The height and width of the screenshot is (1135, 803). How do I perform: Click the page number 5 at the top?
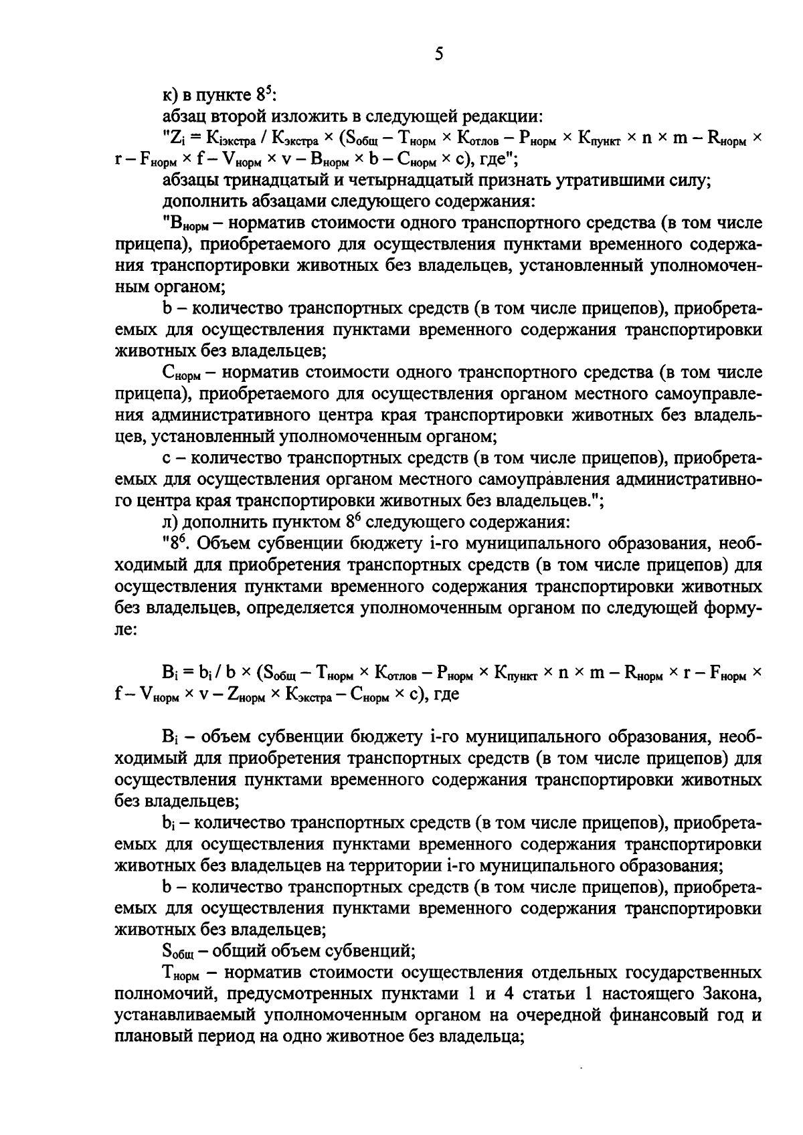tap(439, 54)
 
